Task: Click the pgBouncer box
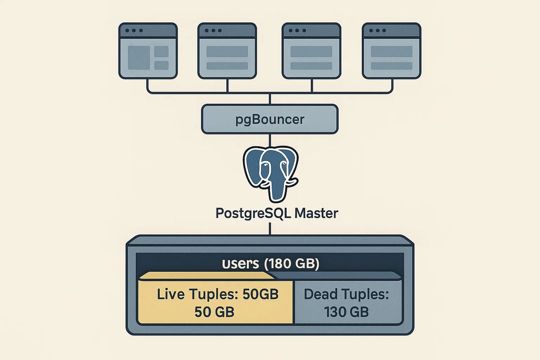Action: click(270, 119)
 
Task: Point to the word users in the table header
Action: click(240, 264)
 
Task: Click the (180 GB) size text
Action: click(292, 264)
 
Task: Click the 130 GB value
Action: click(346, 312)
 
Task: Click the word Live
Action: click(170, 294)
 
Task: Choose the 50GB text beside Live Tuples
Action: click(260, 294)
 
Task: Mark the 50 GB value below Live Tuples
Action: click(214, 312)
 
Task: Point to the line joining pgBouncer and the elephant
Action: click(270, 140)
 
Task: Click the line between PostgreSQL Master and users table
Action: click(270, 228)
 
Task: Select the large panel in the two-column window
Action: click(139, 57)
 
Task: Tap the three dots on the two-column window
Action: click(134, 30)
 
